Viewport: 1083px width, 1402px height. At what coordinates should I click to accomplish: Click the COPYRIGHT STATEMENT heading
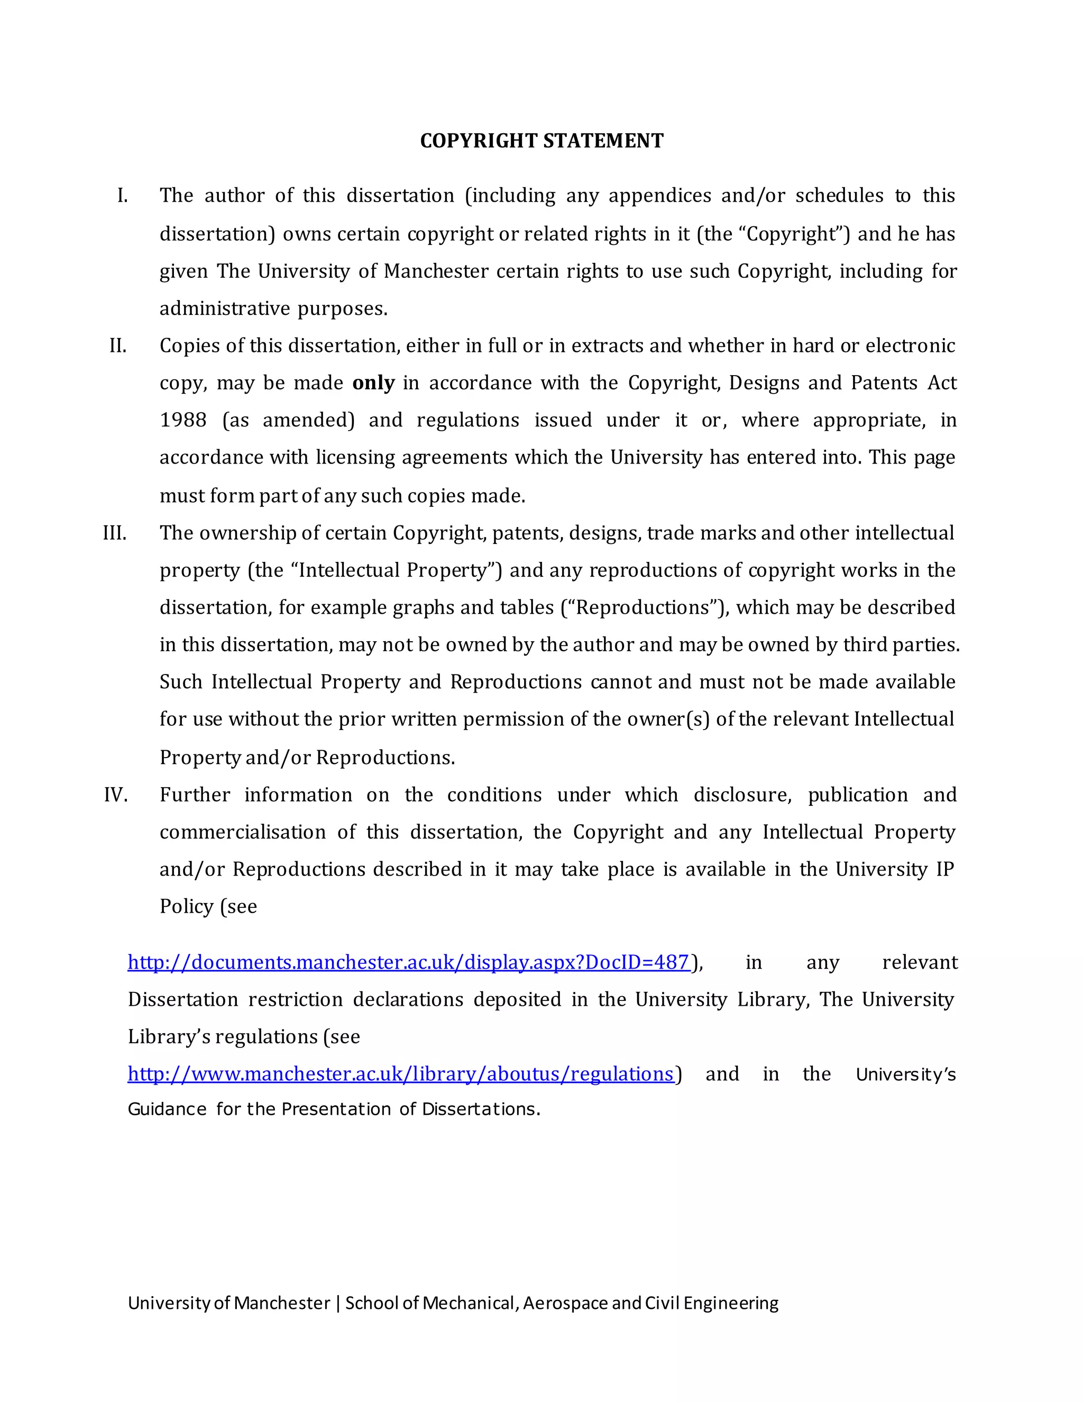[541, 141]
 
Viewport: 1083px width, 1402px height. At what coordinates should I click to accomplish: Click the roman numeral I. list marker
[123, 195]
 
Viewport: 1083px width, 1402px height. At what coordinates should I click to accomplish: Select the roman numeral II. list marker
[118, 345]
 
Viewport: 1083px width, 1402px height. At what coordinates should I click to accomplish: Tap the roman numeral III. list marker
[115, 533]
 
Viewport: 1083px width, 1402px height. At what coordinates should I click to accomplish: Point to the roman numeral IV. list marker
[116, 795]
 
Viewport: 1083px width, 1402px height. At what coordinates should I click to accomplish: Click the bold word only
[373, 383]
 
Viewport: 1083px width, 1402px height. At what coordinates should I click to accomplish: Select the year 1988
[183, 420]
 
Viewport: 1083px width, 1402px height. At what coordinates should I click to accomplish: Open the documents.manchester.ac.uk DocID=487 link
[409, 962]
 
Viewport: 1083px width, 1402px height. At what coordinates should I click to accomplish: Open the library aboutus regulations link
[400, 1074]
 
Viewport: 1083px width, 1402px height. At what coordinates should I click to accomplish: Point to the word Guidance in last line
[167, 1109]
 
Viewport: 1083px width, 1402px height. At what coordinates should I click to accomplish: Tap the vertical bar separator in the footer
[337, 1303]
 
